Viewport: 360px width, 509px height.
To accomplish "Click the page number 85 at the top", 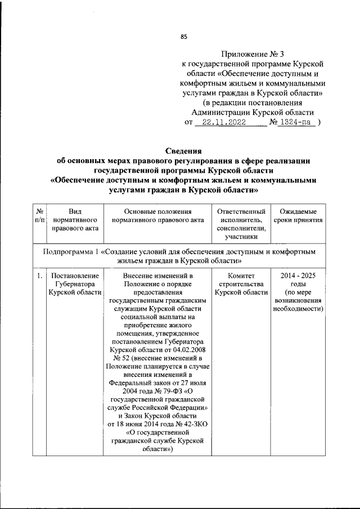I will (183, 37).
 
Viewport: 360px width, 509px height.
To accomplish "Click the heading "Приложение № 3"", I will (253, 54).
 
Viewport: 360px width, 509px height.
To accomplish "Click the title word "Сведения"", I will (183, 151).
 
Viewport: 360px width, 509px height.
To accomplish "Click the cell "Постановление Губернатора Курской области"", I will (75, 285).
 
